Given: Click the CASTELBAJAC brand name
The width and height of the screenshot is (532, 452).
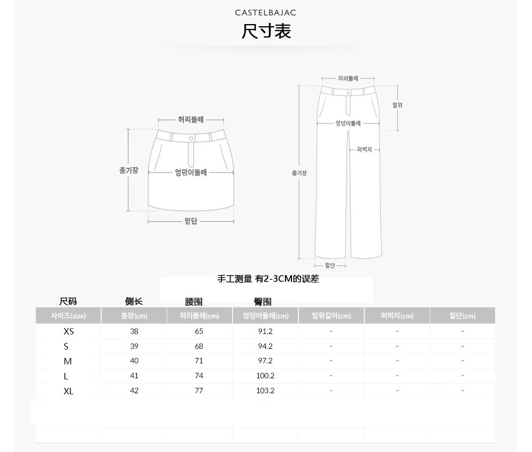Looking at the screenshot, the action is click(265, 13).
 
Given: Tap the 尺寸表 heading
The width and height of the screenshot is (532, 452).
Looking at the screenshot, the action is click(266, 31).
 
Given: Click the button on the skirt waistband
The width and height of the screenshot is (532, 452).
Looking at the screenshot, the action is click(191, 138).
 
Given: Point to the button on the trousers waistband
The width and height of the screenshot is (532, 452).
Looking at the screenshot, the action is click(349, 92).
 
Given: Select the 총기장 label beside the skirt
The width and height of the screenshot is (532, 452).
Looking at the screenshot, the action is click(129, 170).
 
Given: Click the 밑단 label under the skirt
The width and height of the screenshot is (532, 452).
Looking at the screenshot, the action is click(191, 221).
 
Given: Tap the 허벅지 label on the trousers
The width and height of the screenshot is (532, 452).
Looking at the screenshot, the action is click(365, 150).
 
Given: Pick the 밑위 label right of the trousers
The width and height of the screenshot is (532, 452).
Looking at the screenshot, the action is click(397, 105).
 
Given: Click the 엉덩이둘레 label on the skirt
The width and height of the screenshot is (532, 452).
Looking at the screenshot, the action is click(191, 173).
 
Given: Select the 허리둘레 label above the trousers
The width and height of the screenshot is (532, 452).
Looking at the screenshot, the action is click(348, 79).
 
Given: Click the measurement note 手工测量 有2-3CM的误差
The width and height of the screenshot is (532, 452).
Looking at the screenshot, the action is click(268, 279).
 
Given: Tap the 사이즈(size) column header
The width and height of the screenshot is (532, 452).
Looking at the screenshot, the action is click(68, 316).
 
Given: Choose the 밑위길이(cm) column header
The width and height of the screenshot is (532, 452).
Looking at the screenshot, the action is click(331, 316).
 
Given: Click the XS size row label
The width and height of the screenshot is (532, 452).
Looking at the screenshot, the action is click(68, 331).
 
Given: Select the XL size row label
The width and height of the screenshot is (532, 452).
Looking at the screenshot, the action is click(68, 391).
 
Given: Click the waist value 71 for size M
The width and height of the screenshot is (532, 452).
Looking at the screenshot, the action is click(199, 361).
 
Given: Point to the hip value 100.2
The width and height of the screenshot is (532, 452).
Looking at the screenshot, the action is click(265, 376).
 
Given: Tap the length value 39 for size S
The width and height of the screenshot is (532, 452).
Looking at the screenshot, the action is click(134, 346).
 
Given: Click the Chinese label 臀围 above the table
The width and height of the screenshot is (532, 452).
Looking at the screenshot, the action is click(263, 301).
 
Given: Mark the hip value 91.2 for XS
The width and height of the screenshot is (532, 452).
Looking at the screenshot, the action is click(265, 331).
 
